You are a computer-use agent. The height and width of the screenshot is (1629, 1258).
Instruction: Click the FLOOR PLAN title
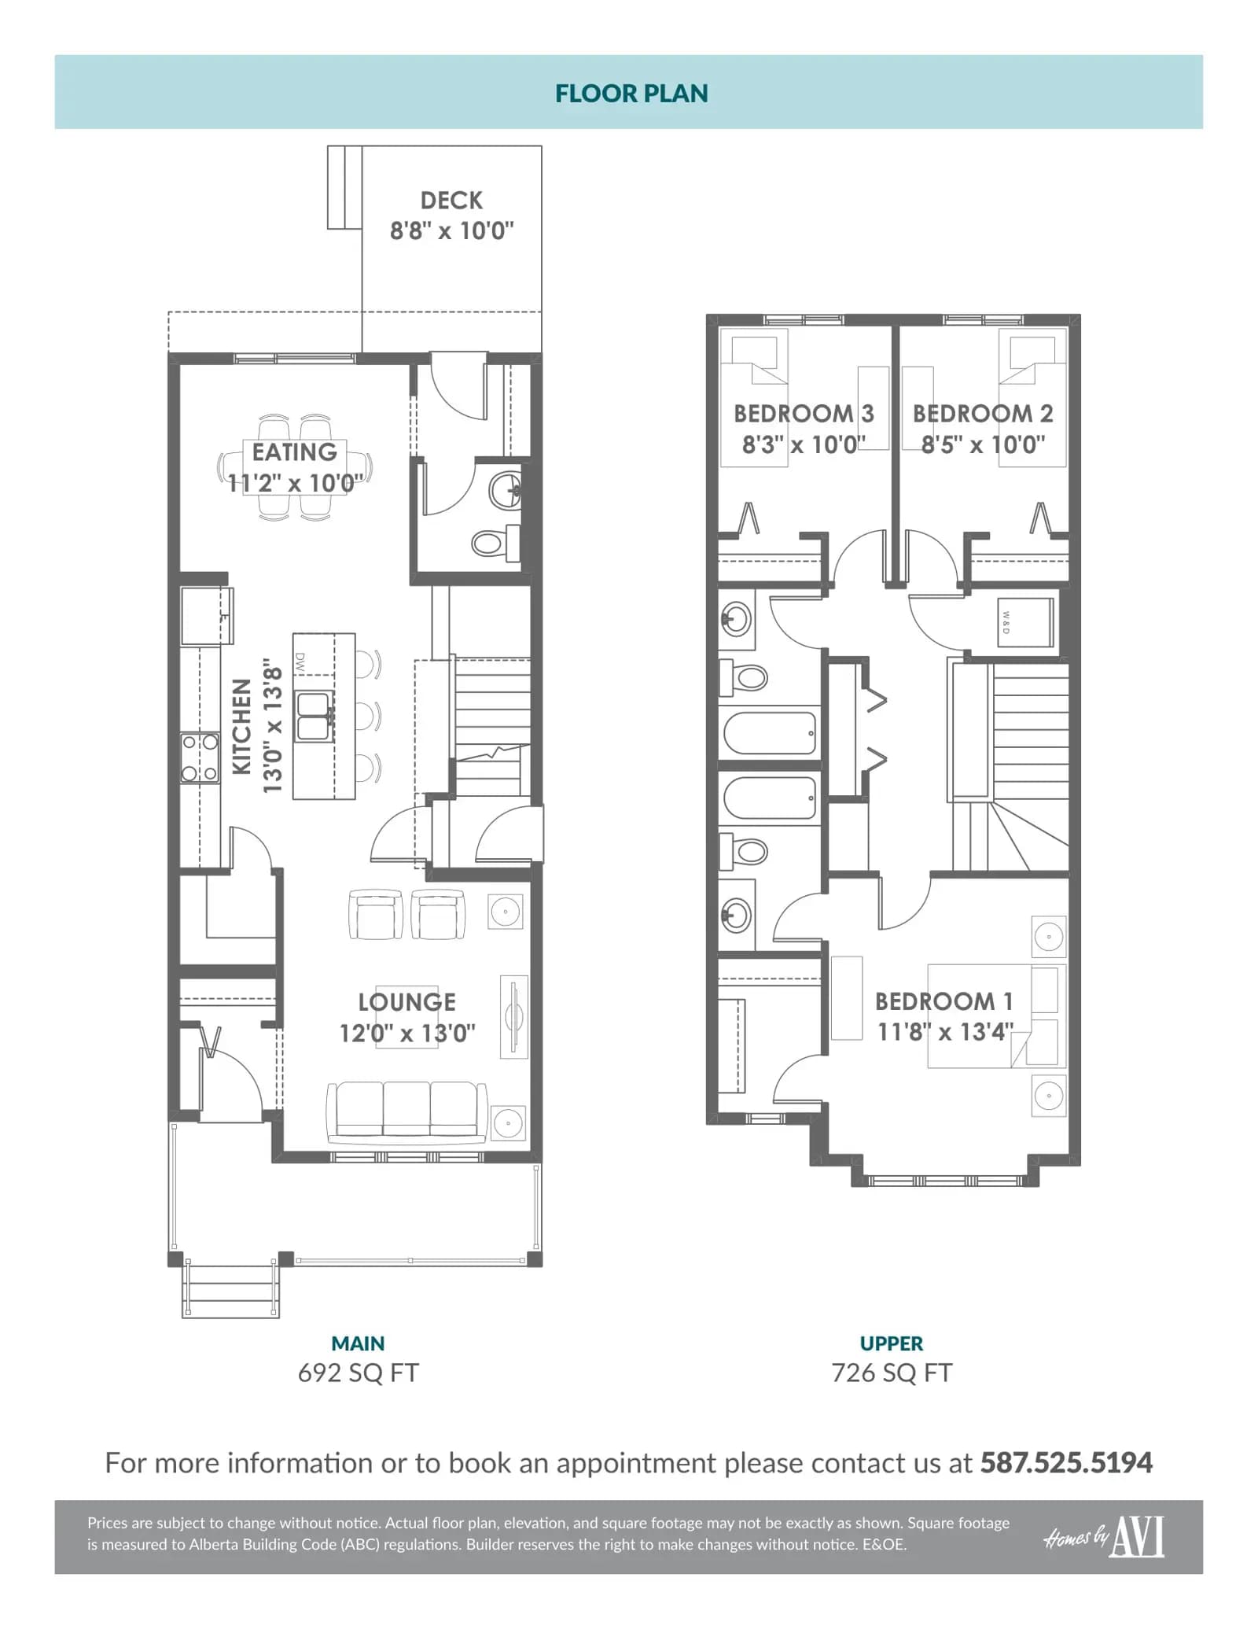(x=631, y=94)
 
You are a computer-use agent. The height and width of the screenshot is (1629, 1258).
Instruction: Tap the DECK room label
(x=451, y=201)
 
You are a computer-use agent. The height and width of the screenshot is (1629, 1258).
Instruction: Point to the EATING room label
(x=294, y=452)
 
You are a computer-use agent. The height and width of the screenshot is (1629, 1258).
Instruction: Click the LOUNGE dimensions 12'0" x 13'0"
(x=407, y=1033)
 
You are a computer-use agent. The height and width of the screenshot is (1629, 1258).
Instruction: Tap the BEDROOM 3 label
(x=804, y=414)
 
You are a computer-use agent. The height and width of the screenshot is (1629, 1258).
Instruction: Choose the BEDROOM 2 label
(x=983, y=414)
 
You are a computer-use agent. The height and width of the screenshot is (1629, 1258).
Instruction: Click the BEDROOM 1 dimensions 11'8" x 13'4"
(x=945, y=1032)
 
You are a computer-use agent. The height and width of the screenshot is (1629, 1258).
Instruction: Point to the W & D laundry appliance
(x=1024, y=622)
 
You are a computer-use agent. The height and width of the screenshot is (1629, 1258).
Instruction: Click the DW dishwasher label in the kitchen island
(x=300, y=662)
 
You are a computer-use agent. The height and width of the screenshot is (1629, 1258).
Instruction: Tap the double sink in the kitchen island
(x=313, y=716)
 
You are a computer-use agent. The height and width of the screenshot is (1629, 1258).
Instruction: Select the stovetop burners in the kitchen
(x=200, y=757)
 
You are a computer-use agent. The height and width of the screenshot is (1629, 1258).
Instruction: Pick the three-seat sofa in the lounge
(x=406, y=1111)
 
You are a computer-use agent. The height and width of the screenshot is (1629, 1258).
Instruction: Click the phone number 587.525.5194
(x=1066, y=1463)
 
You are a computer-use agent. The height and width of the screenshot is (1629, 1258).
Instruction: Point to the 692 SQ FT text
(x=359, y=1373)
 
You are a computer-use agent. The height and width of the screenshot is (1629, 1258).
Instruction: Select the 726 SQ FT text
(x=892, y=1373)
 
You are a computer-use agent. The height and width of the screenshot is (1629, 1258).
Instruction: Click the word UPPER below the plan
(x=892, y=1343)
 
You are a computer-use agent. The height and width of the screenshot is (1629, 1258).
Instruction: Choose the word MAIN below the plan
(x=358, y=1343)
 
